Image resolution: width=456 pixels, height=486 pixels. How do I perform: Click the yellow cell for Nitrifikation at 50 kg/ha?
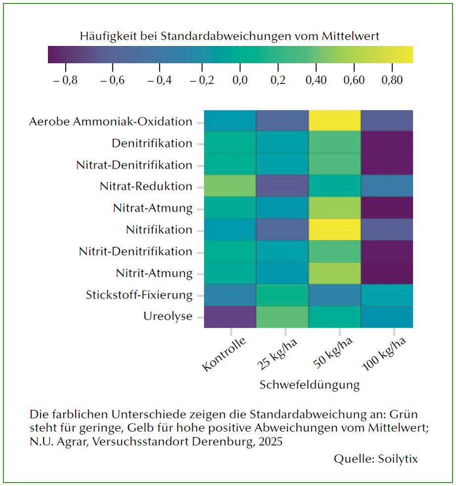point(334,229)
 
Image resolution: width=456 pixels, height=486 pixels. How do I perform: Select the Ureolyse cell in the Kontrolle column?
point(230,316)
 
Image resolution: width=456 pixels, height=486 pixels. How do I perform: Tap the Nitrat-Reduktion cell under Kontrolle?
point(230,186)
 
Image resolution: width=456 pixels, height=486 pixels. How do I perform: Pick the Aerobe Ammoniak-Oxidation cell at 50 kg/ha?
point(334,121)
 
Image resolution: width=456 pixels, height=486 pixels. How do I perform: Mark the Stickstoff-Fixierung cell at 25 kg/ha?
point(282,295)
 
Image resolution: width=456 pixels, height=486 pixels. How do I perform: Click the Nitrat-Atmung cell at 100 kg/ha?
point(387,208)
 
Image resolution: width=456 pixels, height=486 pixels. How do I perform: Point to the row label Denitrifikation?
point(152,143)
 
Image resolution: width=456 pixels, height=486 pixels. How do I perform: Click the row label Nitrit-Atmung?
point(154,273)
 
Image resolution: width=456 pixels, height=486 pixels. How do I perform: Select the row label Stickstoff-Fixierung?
point(139,295)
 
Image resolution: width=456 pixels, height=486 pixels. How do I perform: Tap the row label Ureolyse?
point(168,316)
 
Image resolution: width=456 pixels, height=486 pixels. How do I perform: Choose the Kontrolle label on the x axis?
point(224,353)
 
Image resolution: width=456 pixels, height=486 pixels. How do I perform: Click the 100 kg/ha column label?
point(384,353)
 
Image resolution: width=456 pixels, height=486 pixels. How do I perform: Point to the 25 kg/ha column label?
point(277,353)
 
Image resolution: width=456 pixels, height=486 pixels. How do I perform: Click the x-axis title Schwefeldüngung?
point(310,385)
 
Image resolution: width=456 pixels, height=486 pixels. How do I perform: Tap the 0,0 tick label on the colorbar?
point(240,80)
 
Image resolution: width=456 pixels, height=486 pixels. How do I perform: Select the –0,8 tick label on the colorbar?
point(65,80)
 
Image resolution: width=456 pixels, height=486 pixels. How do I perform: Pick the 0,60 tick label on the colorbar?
point(354,80)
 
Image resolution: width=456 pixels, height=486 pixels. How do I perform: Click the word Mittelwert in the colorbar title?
point(350,36)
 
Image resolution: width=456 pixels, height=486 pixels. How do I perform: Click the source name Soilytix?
point(398,459)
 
